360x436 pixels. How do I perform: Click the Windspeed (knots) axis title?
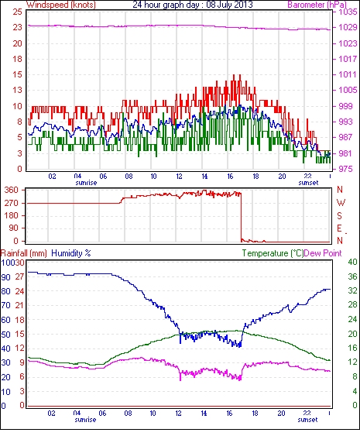point(61,5)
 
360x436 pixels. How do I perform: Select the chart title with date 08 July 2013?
point(193,5)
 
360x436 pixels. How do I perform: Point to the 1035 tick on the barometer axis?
point(348,12)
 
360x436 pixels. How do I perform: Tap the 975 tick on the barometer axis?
point(345,169)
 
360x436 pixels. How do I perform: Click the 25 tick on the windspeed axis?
point(18,12)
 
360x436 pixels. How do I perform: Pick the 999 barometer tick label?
point(345,106)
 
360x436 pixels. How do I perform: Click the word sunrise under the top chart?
point(86,183)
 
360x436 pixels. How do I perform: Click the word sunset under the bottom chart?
point(307,420)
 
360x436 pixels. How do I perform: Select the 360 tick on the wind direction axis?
point(12,191)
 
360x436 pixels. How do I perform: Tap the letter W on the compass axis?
point(341,202)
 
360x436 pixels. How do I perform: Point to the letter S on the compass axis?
point(339,215)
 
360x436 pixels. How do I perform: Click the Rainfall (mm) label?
point(24,253)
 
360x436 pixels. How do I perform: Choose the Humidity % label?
point(71,253)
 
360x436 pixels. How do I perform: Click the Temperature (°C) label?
point(273,253)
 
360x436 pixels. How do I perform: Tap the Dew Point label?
point(323,253)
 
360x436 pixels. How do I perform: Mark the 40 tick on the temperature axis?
point(352,262)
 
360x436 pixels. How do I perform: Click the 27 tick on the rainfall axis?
point(21,277)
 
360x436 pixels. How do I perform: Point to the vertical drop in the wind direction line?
point(241,216)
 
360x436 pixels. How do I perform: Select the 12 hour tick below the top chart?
point(180,177)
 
